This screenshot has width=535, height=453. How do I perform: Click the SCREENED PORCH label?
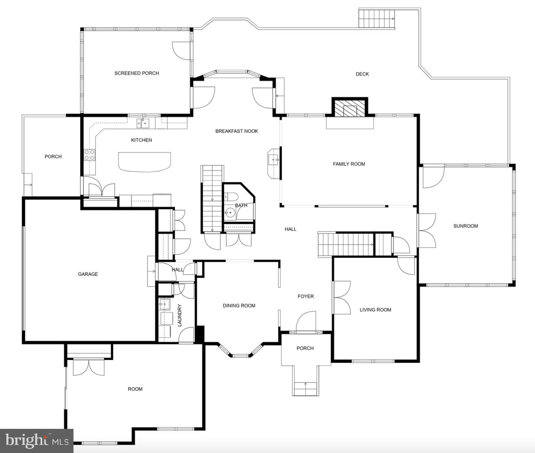point(137,73)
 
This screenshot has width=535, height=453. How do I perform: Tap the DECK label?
point(362,74)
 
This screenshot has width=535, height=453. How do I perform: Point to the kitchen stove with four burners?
point(89,155)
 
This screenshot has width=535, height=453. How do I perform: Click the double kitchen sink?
point(143,123)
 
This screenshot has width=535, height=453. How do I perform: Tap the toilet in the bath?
point(231,197)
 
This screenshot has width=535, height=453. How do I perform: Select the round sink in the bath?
point(229,213)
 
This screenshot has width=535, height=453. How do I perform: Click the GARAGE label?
point(88,274)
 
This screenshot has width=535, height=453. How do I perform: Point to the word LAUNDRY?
point(179,315)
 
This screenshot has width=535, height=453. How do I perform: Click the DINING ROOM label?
point(239,306)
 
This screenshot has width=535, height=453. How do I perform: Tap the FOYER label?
point(306,296)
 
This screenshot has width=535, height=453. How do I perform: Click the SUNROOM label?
point(466,226)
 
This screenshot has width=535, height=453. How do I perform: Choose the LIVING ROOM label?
point(375,310)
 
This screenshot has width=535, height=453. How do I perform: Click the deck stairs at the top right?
point(377,18)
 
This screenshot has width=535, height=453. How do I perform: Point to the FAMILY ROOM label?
point(349,164)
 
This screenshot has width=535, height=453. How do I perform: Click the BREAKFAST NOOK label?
point(237,131)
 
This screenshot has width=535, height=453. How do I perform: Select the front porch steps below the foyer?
point(305,389)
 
